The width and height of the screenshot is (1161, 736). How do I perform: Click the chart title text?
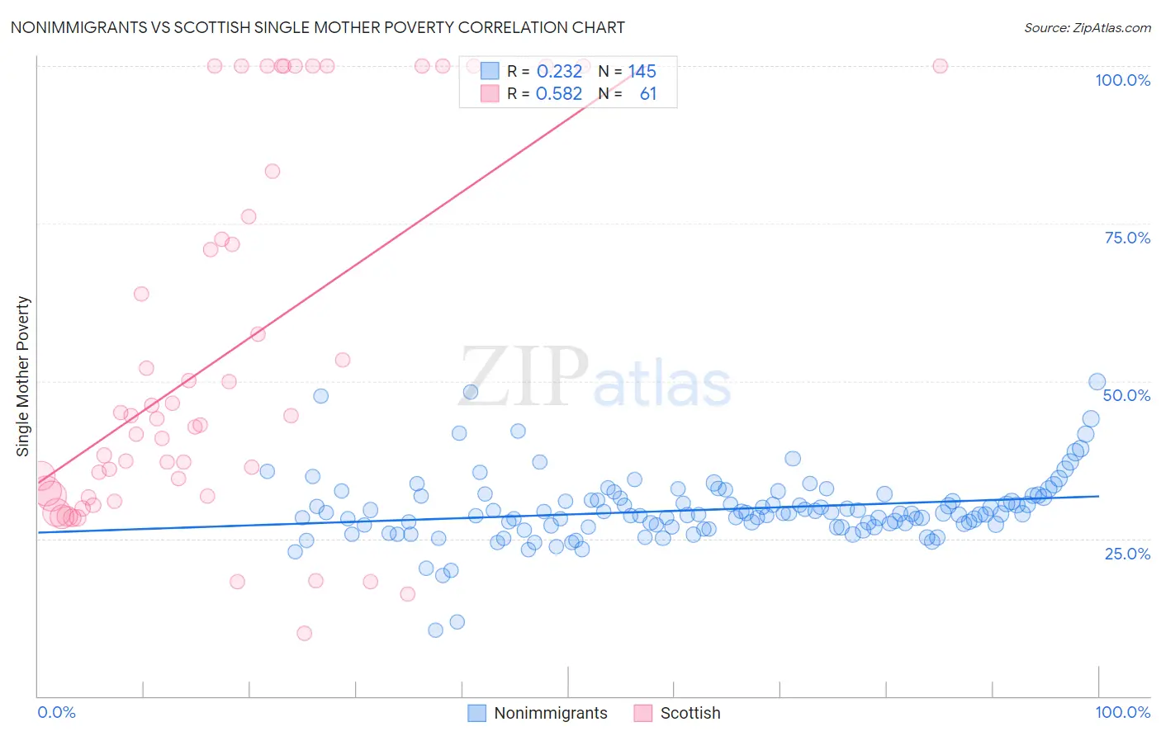(317, 27)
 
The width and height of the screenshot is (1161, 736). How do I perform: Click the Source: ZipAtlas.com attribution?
(1087, 27)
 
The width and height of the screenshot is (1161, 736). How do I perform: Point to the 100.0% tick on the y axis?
(1122, 80)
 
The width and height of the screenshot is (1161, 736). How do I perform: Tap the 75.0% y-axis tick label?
(1127, 238)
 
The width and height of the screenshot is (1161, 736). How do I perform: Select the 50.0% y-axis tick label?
(1126, 395)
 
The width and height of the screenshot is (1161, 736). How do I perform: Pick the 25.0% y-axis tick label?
(1127, 553)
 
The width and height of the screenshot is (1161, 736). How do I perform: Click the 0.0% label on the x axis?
(56, 712)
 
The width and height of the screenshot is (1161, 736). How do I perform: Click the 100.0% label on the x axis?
(1122, 712)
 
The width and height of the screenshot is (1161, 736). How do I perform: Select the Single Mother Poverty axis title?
(23, 376)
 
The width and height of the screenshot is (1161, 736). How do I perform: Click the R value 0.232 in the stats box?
(559, 72)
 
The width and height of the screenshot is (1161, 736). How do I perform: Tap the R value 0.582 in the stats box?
(559, 94)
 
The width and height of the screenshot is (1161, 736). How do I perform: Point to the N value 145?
(642, 72)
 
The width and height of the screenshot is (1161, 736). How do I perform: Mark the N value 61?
(648, 94)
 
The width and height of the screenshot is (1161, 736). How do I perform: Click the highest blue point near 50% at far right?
(1097, 381)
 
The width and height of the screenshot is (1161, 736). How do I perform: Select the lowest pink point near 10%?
(304, 633)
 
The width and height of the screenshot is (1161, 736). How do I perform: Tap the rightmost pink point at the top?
(940, 66)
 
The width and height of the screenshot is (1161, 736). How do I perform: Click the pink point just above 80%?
(272, 171)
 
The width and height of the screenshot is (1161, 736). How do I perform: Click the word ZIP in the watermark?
(524, 376)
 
